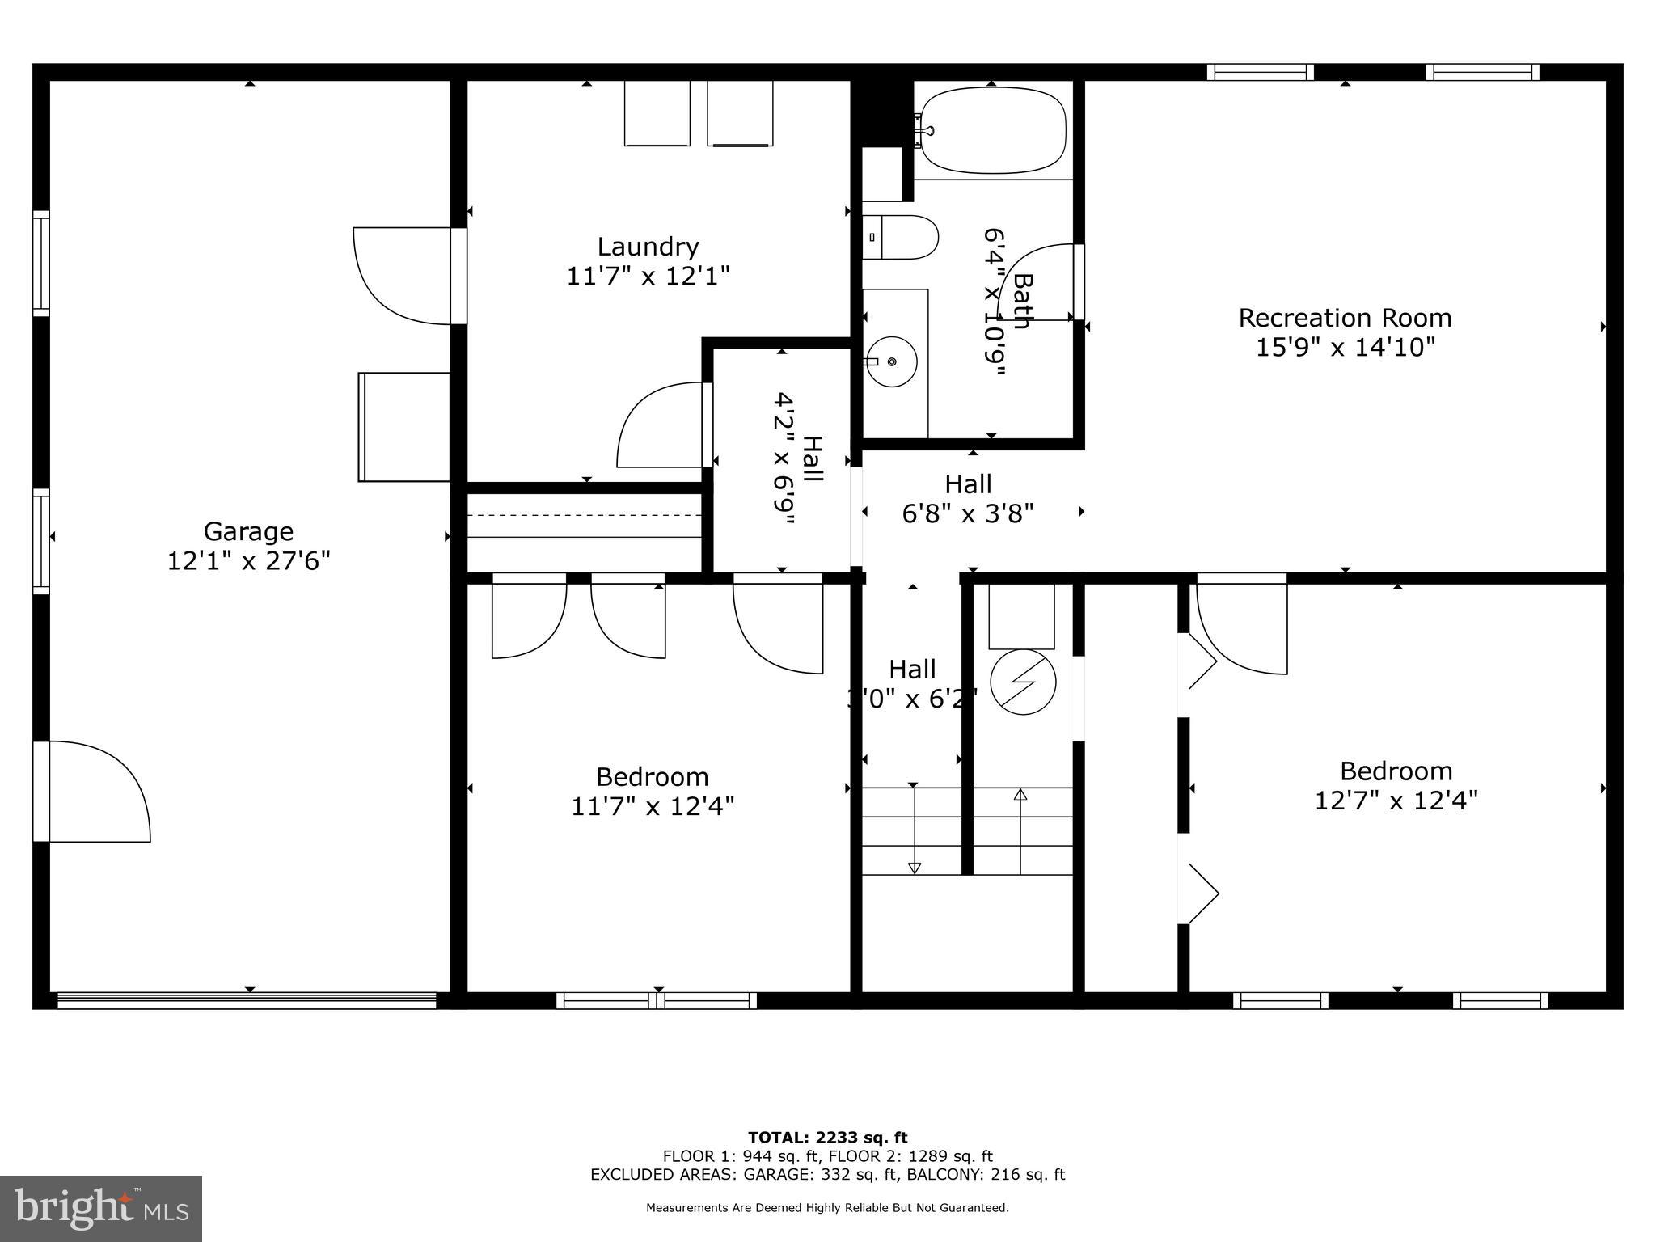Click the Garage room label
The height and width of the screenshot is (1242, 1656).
point(247,531)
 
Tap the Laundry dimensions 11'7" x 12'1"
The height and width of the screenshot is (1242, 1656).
point(648,277)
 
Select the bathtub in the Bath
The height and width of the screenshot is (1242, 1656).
point(993,130)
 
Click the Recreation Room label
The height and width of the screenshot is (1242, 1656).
point(1345,318)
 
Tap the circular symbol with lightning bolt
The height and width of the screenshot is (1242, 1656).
point(1023,682)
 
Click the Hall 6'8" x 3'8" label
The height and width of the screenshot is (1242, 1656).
point(968,498)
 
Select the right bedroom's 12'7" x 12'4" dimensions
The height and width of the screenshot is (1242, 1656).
point(1396,801)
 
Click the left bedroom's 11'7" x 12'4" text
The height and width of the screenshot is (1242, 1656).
point(653,806)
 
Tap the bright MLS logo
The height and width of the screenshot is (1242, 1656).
point(101,1208)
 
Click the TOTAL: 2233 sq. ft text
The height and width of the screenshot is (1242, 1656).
point(827,1138)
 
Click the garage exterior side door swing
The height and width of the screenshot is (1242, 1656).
point(97,792)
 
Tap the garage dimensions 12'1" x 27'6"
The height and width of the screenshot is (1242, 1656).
point(248,560)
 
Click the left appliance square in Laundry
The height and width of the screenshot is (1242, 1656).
point(657,113)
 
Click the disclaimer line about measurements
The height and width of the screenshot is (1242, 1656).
point(827,1208)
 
